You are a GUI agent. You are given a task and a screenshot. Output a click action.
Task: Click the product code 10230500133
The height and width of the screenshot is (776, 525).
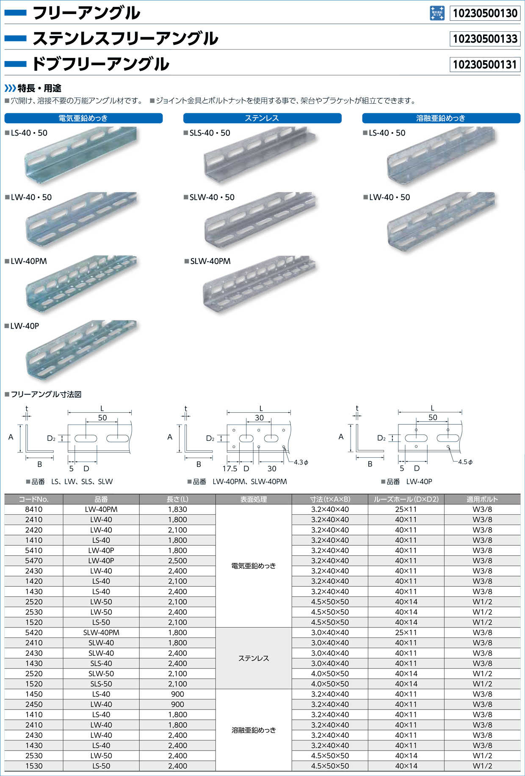[x=485, y=39]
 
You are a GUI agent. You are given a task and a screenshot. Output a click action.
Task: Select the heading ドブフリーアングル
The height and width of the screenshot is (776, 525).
[x=101, y=64]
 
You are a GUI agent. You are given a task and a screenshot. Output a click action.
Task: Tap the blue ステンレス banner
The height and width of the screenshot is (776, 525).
[x=262, y=118]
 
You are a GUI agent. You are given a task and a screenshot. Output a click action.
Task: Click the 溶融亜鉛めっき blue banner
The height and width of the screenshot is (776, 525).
[x=441, y=118]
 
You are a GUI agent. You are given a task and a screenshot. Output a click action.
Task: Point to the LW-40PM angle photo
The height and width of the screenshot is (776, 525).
[x=82, y=284]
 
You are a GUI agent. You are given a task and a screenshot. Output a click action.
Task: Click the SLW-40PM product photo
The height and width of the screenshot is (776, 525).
[x=260, y=284]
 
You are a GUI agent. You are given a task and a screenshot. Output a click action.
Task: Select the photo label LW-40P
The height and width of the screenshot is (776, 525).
[x=25, y=326]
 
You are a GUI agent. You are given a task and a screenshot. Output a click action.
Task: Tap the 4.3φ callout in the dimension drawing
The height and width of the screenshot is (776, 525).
[x=301, y=462]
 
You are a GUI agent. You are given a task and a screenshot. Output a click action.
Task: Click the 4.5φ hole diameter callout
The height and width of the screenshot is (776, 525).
[x=465, y=462]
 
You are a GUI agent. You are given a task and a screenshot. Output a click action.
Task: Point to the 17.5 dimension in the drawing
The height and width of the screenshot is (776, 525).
[x=229, y=469]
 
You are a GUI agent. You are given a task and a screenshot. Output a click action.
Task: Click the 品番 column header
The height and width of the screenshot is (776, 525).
[x=101, y=499]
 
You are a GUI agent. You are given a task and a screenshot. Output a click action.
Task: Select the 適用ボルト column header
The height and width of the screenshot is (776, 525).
[x=482, y=499]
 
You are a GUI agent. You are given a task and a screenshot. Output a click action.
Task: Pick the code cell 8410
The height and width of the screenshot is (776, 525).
[x=34, y=509]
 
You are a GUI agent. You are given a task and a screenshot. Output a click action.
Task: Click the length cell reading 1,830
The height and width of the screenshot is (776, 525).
[x=177, y=509]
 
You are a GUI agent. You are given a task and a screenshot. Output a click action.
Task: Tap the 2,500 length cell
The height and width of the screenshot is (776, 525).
[x=177, y=561]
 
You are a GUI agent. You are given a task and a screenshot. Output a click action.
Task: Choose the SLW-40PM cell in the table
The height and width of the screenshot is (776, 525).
[x=101, y=632]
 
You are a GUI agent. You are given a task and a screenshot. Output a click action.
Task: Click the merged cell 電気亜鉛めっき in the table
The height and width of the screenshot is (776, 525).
[x=254, y=566]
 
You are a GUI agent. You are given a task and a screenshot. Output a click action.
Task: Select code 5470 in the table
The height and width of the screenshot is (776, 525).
[x=34, y=561]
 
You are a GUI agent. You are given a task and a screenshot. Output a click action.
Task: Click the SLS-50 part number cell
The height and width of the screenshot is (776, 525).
[x=101, y=684]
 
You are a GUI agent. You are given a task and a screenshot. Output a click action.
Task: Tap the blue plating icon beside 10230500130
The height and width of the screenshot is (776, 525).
[x=437, y=13]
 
